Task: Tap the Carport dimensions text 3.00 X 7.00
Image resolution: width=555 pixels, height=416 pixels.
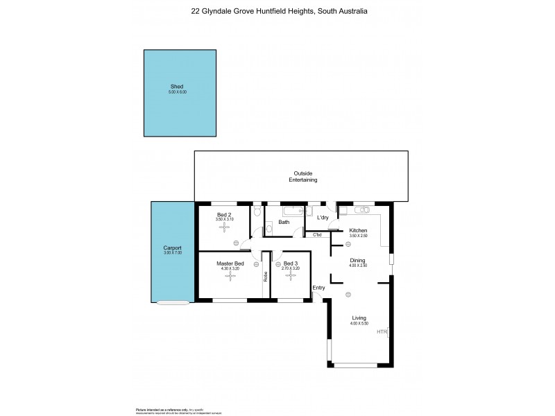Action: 172,253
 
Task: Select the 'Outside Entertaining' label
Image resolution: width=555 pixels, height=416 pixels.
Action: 303,177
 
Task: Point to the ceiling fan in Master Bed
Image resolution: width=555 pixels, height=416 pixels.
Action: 230,275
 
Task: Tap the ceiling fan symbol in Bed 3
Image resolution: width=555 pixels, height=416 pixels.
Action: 290,275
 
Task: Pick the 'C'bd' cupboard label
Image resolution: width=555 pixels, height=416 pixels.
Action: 317,235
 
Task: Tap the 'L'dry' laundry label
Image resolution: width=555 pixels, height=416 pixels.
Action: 323,218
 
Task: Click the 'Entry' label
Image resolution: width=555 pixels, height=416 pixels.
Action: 318,288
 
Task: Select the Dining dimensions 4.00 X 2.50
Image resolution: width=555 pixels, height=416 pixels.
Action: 357,266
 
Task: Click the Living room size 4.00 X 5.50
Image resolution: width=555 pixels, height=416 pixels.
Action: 359,324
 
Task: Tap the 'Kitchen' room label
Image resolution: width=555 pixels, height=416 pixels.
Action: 358,230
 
